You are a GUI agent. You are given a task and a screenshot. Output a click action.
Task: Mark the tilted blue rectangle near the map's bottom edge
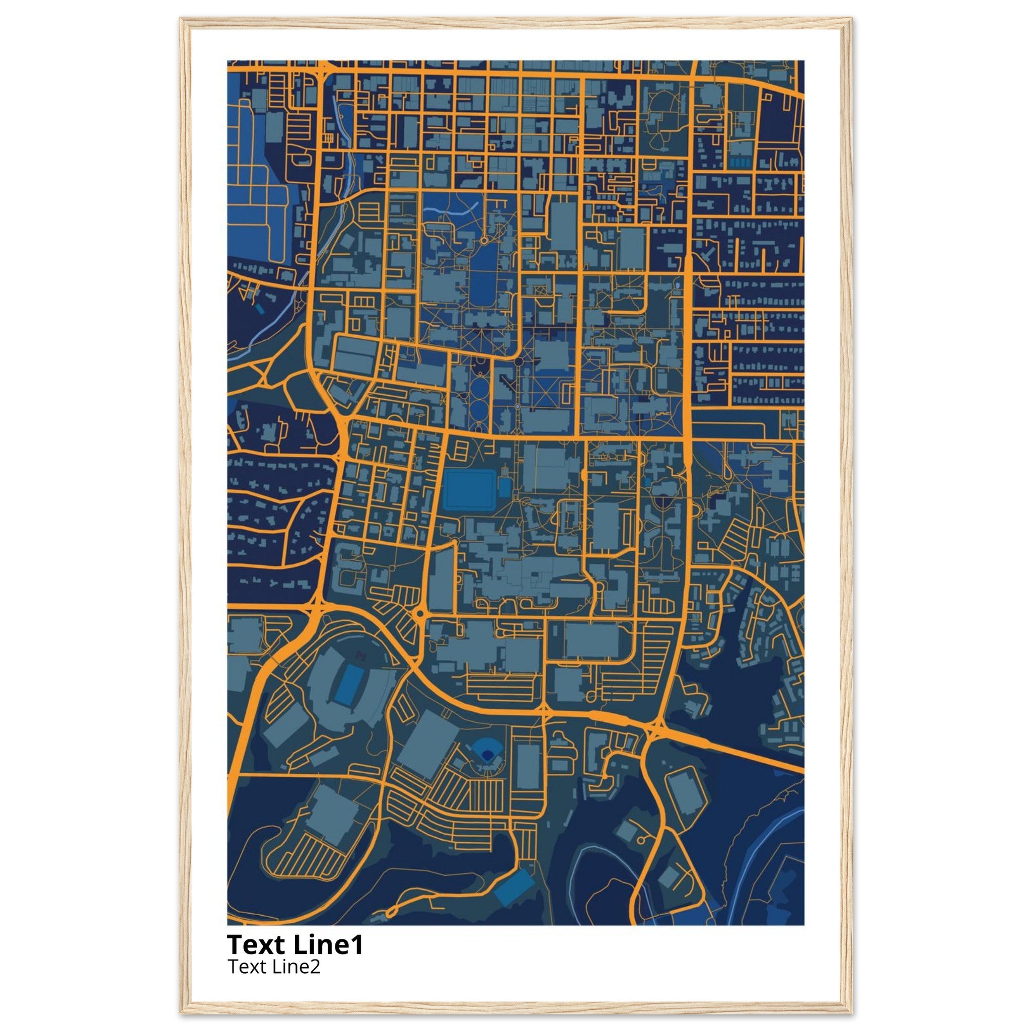(x=513, y=887)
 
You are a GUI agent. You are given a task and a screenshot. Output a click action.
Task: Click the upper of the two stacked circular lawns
(x=479, y=386)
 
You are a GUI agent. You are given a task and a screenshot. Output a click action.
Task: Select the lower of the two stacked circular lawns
(x=479, y=409)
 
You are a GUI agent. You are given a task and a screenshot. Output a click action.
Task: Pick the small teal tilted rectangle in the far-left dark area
(x=259, y=309)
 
